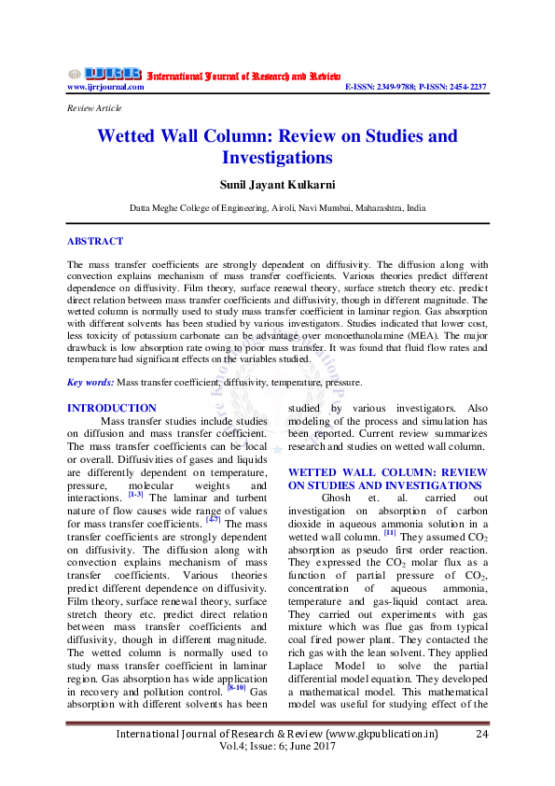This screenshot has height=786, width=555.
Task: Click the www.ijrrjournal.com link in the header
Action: click(105, 86)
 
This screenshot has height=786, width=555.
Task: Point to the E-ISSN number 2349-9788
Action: click(398, 86)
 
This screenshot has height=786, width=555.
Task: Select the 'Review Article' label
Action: click(94, 109)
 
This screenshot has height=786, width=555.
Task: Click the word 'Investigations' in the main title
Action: click(277, 158)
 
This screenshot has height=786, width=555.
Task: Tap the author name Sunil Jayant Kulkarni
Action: click(277, 185)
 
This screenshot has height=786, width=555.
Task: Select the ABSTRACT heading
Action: click(94, 241)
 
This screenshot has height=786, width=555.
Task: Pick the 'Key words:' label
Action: click(90, 382)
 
